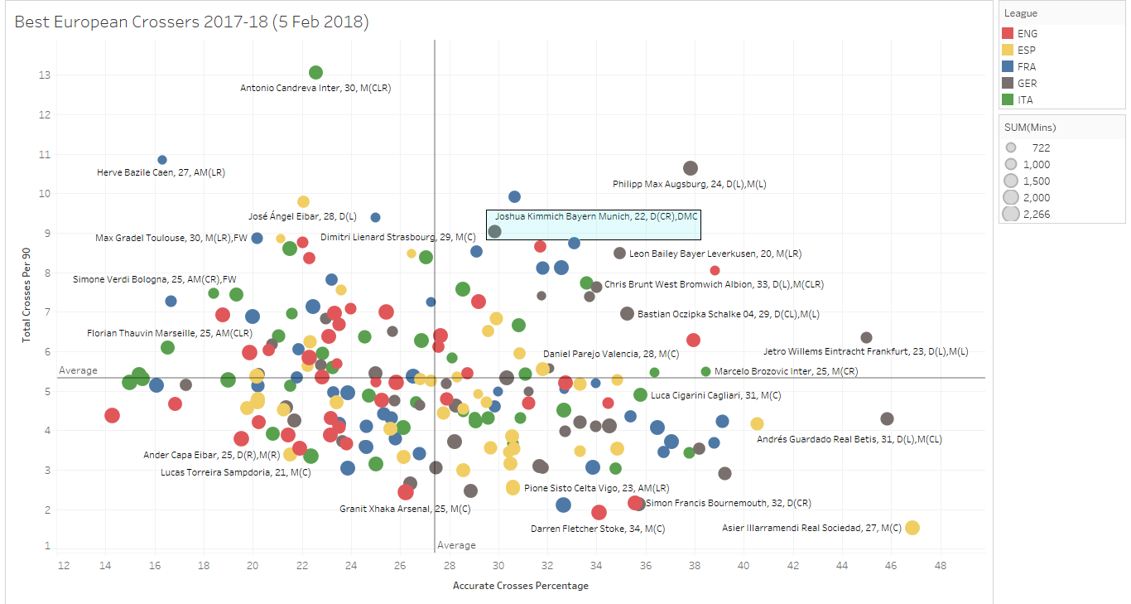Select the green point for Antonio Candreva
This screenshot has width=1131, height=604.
coord(315,73)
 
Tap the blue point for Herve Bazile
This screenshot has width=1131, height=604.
coord(162,160)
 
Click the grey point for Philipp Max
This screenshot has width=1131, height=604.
coord(691,168)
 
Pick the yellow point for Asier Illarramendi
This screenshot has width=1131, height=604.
coord(912,528)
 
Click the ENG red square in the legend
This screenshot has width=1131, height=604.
coord(1008,34)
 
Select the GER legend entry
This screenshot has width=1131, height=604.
coord(1028,84)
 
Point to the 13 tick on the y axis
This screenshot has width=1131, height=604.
coord(44,75)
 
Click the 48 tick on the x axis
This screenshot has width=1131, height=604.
coord(941,566)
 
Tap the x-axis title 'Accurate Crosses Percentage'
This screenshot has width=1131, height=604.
coord(521,586)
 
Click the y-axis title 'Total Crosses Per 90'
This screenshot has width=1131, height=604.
coord(27,300)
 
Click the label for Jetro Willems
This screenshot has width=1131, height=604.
coord(865,351)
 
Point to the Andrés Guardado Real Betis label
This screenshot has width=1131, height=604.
coord(849,439)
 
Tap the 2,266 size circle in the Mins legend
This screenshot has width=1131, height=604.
coord(1011,215)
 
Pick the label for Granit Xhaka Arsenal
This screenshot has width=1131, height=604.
coord(394,509)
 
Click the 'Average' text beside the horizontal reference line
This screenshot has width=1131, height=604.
coord(79,370)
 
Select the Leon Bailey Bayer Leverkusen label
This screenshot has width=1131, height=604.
coord(715,254)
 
